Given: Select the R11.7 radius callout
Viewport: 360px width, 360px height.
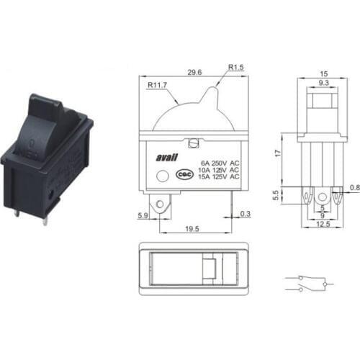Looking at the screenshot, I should tap(158, 84).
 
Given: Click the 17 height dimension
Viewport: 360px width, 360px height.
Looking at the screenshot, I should tap(277, 153).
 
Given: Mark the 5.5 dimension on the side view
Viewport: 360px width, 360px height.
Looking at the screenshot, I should tap(277, 195).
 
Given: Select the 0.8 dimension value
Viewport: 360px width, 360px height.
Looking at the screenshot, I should tap(353, 189).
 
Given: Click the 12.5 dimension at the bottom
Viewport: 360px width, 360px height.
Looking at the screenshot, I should tap(322, 225).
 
